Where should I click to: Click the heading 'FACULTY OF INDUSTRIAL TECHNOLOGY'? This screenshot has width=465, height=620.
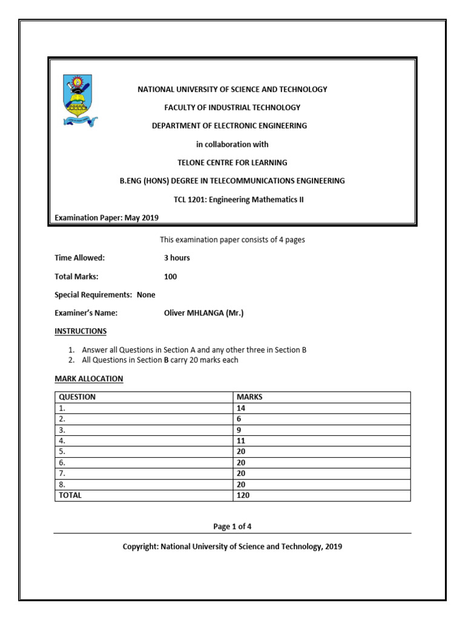coord(232,107)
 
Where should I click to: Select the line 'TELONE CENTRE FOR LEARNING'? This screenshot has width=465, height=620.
coord(232,162)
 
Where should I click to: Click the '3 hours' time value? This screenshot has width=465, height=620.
coord(177,258)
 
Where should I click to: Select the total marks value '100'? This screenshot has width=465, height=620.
coord(171,277)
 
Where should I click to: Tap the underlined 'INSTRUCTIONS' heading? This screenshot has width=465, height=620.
coord(81,331)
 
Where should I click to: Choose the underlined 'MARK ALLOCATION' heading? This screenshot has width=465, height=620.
coord(89,378)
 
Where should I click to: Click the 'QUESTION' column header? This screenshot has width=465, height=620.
coord(77,397)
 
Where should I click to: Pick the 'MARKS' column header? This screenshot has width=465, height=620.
coord(249,397)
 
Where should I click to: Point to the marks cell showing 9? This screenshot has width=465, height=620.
coord(239,430)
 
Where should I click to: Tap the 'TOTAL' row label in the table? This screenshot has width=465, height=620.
coord(70,495)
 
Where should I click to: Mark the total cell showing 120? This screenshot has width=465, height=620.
coord(243,495)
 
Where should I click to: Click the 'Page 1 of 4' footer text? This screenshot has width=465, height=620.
coord(232,527)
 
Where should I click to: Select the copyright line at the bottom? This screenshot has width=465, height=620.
coord(232,547)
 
